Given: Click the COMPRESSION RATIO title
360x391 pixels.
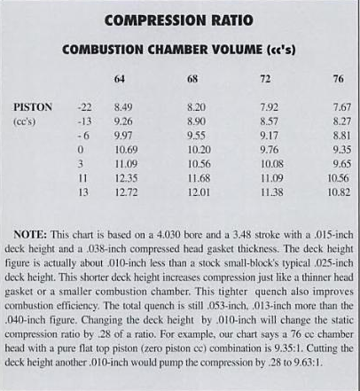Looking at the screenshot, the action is point(181,20).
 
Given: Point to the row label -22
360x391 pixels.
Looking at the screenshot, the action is point(84,107).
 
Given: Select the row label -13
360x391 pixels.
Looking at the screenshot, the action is point(84,121).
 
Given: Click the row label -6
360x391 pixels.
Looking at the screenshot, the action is point(86,136).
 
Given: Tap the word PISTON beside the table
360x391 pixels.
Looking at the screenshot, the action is point(34,107).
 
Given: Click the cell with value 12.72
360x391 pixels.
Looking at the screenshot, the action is point(126,192).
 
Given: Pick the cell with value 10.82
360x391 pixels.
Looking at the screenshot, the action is point(339,192).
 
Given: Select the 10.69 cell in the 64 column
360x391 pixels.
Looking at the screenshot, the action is point(126,150).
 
